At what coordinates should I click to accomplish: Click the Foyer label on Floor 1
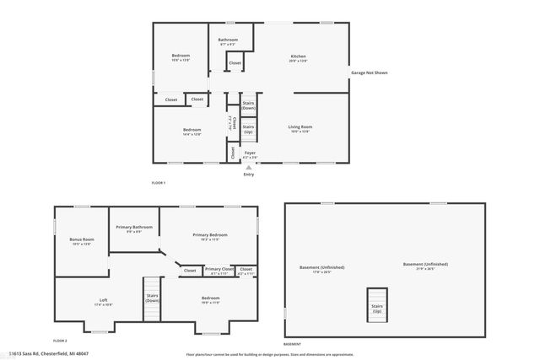click(x=250, y=154)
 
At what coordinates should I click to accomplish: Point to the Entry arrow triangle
click(x=248, y=167)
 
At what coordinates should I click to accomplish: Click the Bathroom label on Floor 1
click(x=228, y=40)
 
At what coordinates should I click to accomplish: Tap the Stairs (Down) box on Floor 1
click(x=248, y=105)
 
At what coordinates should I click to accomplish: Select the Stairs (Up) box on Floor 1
click(x=248, y=129)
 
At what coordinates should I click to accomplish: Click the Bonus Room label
click(x=81, y=241)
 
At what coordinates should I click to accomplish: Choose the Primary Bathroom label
click(x=134, y=228)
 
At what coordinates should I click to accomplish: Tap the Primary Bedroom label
click(x=210, y=235)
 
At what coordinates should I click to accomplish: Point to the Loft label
click(x=103, y=301)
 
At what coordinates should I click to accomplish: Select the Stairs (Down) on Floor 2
click(x=153, y=298)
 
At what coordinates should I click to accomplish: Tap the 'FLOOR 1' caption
click(x=158, y=183)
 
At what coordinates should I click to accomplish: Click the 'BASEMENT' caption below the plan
click(x=293, y=344)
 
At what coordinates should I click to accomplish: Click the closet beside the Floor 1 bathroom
click(x=235, y=63)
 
